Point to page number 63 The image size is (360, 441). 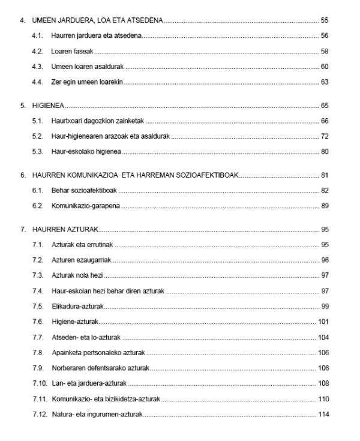point(325,82)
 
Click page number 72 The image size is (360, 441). point(325,136)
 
